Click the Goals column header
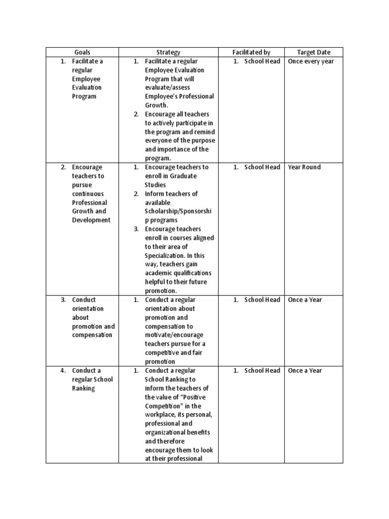pyautogui.click(x=82, y=52)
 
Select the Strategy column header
pyautogui.click(x=168, y=52)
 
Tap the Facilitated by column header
pyautogui.click(x=251, y=52)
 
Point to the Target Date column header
pyautogui.click(x=314, y=52)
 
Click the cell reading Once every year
pyautogui.click(x=311, y=61)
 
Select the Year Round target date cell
pyautogui.click(x=304, y=167)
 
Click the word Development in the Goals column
pyautogui.click(x=91, y=220)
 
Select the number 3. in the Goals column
pyautogui.click(x=63, y=300)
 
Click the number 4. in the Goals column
pyautogui.click(x=63, y=370)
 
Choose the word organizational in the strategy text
pyautogui.click(x=171, y=432)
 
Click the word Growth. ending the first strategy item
pyautogui.click(x=157, y=105)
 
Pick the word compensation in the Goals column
pyautogui.click(x=93, y=335)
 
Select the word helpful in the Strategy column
pyautogui.click(x=155, y=282)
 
